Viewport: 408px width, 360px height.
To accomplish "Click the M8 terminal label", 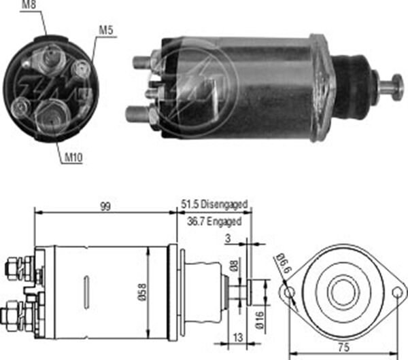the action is (29, 5).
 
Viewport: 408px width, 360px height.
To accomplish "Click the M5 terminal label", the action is (106, 30).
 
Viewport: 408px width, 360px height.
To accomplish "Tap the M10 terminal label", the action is (73, 157).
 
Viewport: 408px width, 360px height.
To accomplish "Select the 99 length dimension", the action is (105, 206).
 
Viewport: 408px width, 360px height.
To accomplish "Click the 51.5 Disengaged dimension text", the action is (214, 204).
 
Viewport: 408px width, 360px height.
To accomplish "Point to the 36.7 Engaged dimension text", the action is (214, 221).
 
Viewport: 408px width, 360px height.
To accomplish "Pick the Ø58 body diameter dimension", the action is (143, 292).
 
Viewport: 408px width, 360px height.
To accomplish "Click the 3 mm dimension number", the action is (228, 238).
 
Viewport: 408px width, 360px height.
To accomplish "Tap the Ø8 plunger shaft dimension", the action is (234, 266).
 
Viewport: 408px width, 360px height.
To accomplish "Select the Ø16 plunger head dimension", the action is (260, 320).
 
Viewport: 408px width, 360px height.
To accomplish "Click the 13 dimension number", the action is (237, 338).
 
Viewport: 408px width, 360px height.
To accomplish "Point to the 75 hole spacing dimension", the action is (343, 347).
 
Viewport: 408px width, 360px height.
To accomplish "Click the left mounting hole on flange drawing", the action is (289, 293).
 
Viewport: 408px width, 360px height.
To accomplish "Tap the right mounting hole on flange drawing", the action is (397, 293).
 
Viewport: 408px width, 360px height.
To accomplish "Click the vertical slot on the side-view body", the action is (86, 293).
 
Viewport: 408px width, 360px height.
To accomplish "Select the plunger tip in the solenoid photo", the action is (397, 86).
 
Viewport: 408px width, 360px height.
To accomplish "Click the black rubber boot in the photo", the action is (352, 87).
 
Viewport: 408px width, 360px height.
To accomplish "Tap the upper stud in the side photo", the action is (142, 62).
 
